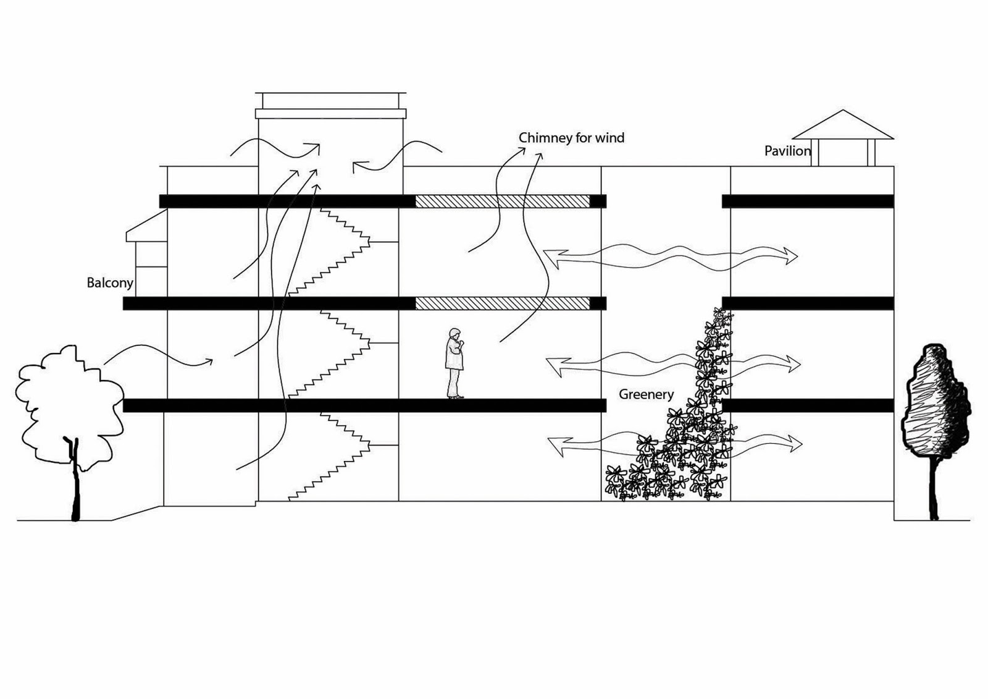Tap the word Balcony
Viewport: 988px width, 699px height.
109,283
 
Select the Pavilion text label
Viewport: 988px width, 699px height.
787,151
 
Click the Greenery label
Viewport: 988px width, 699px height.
646,394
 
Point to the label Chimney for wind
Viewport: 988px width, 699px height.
571,138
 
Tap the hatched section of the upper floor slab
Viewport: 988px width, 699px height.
502,201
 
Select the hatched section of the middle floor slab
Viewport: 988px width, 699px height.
502,303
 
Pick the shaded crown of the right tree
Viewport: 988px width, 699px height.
934,402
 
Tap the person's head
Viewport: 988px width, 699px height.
455,334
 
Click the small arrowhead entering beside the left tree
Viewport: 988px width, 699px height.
209,362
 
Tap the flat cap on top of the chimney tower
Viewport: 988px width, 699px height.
331,113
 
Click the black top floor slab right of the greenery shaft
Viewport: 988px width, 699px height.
808,201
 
